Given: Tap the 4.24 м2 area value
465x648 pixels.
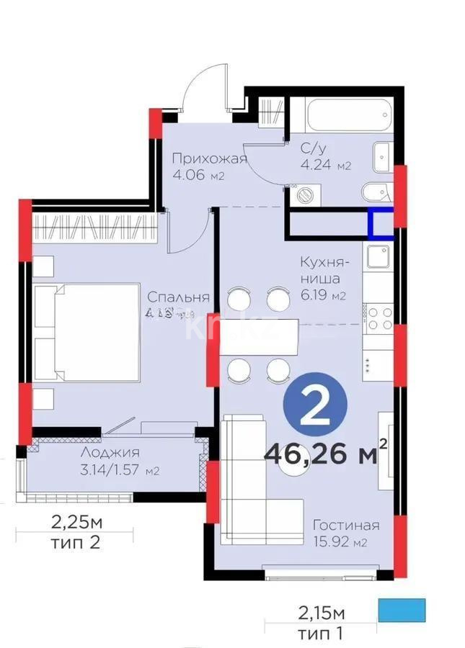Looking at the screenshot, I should tap(325, 165).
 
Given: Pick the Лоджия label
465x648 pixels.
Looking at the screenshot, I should tap(110, 453).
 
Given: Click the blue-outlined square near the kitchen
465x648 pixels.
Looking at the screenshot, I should tap(381, 222).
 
